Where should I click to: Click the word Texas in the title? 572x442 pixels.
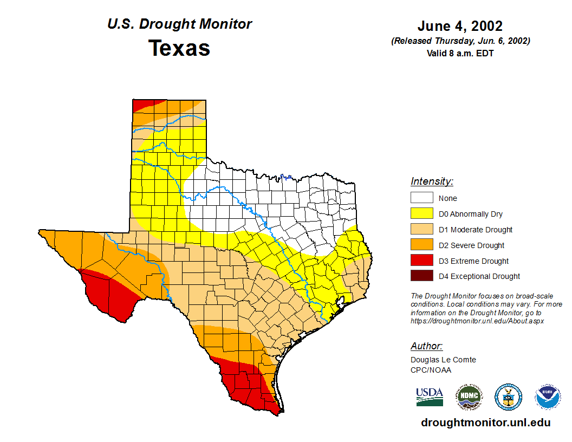(179, 48)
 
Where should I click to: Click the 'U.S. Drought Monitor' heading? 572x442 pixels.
(179, 24)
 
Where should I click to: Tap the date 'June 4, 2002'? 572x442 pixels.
(460, 26)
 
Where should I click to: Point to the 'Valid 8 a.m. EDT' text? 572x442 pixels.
(460, 53)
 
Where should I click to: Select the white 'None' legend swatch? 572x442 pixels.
(421, 198)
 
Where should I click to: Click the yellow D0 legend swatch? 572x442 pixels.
(421, 214)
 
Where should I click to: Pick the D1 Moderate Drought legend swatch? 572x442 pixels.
(421, 230)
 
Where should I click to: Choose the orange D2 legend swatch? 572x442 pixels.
(421, 245)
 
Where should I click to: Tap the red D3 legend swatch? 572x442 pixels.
(421, 261)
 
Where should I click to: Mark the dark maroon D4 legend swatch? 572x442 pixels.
(421, 276)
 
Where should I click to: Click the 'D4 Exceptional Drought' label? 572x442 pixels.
(479, 276)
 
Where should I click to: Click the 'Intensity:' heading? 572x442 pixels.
(432, 181)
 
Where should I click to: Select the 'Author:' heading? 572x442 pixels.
(426, 346)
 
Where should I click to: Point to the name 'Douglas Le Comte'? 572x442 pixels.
(443, 360)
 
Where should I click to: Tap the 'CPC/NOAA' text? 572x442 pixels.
(431, 370)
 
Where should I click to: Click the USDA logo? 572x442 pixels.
(430, 397)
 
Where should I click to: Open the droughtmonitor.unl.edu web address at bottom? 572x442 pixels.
(485, 423)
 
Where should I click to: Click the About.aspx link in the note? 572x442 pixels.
(477, 321)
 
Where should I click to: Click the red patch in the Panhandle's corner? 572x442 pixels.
(142, 104)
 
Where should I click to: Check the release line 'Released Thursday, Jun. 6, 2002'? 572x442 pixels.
(460, 41)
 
